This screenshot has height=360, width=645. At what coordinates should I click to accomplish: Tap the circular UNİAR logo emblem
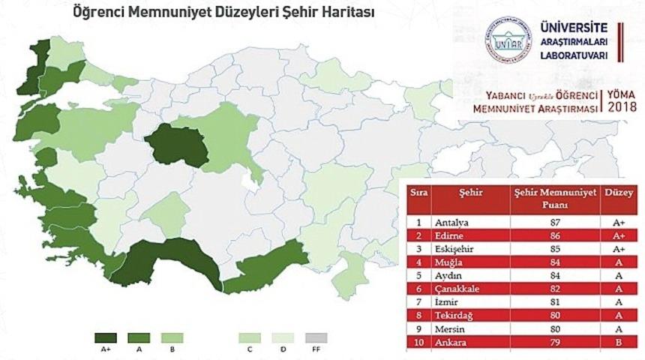pos(507,42)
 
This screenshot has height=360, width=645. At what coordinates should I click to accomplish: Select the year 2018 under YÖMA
pos(622,108)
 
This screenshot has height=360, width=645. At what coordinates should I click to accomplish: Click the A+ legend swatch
pos(105,337)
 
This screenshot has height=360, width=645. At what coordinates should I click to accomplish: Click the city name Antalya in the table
pos(452,223)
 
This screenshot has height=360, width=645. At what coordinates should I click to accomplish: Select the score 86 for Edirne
pos(555,235)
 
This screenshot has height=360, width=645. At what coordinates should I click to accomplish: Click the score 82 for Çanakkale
pos(555,289)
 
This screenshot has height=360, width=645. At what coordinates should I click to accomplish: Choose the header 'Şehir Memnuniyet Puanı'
pos(555,197)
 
